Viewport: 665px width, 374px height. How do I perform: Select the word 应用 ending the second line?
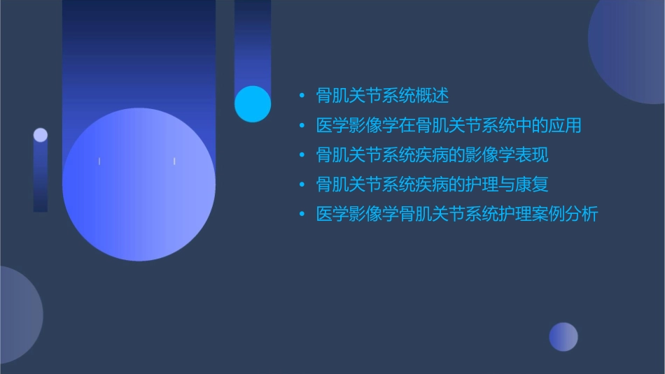[x=565, y=126]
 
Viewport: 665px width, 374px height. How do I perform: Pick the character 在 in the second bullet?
[x=407, y=126]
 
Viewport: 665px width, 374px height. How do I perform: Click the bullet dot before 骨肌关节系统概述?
[x=302, y=96]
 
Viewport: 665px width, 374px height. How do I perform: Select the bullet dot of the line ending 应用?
[x=302, y=126]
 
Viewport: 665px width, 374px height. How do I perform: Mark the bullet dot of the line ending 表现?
[x=302, y=155]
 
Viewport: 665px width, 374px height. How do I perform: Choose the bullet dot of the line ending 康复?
[x=302, y=185]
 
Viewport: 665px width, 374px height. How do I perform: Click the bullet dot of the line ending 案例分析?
[x=302, y=215]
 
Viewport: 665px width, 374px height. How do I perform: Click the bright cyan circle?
[x=253, y=104]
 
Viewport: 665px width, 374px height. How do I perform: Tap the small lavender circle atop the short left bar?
[x=41, y=135]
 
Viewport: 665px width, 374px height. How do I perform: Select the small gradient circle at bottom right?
[x=563, y=337]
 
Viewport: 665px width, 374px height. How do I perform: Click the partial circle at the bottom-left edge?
[x=17, y=315]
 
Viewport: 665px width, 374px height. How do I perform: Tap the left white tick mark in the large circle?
[x=99, y=161]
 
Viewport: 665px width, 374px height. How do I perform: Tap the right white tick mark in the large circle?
[x=174, y=161]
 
